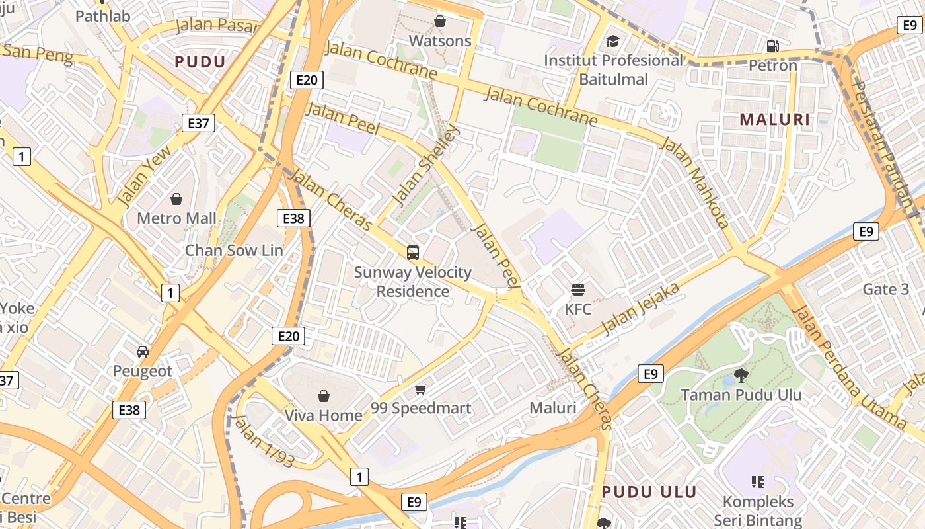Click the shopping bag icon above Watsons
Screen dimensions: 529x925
(440, 22)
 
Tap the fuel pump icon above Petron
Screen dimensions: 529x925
(772, 46)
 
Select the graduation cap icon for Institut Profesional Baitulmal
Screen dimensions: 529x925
(612, 42)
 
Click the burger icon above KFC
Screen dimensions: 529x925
(578, 289)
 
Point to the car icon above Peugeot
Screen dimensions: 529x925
(142, 352)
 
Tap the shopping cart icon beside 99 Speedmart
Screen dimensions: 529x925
(420, 389)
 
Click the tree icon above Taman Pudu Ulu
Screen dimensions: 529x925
(741, 376)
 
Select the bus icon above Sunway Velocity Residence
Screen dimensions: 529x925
(413, 252)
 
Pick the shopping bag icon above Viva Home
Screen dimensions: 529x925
(323, 396)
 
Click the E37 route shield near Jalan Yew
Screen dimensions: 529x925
(198, 122)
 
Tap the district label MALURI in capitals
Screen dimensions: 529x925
(774, 120)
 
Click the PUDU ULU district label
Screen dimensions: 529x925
(649, 492)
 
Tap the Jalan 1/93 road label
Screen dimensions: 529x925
(264, 442)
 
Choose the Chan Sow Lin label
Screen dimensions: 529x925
(233, 250)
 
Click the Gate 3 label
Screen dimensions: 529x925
(886, 289)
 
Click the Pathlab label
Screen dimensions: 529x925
(102, 16)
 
